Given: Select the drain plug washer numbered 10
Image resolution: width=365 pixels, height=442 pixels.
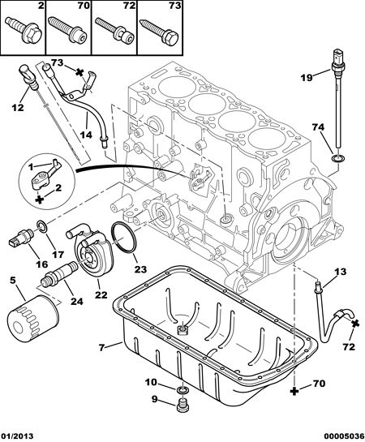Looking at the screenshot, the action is click(x=182, y=391).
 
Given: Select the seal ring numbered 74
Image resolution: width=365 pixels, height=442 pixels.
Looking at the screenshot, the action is click(x=337, y=158).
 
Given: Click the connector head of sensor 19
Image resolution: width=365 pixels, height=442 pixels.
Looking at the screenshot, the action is click(x=338, y=60).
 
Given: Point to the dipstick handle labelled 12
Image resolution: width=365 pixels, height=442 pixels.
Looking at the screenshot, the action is click(x=28, y=75).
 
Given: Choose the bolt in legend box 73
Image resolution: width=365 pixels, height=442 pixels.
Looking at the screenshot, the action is click(x=159, y=32).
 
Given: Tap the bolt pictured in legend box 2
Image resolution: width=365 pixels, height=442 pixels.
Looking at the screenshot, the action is click(x=24, y=31).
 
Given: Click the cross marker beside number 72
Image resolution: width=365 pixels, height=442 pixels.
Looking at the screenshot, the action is click(x=354, y=324).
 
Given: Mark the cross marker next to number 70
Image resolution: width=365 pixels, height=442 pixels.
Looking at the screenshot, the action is click(x=294, y=391).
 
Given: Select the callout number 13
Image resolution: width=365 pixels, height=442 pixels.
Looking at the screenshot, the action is click(x=341, y=272).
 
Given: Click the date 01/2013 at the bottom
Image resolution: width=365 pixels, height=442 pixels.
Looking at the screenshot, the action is click(x=17, y=436).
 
